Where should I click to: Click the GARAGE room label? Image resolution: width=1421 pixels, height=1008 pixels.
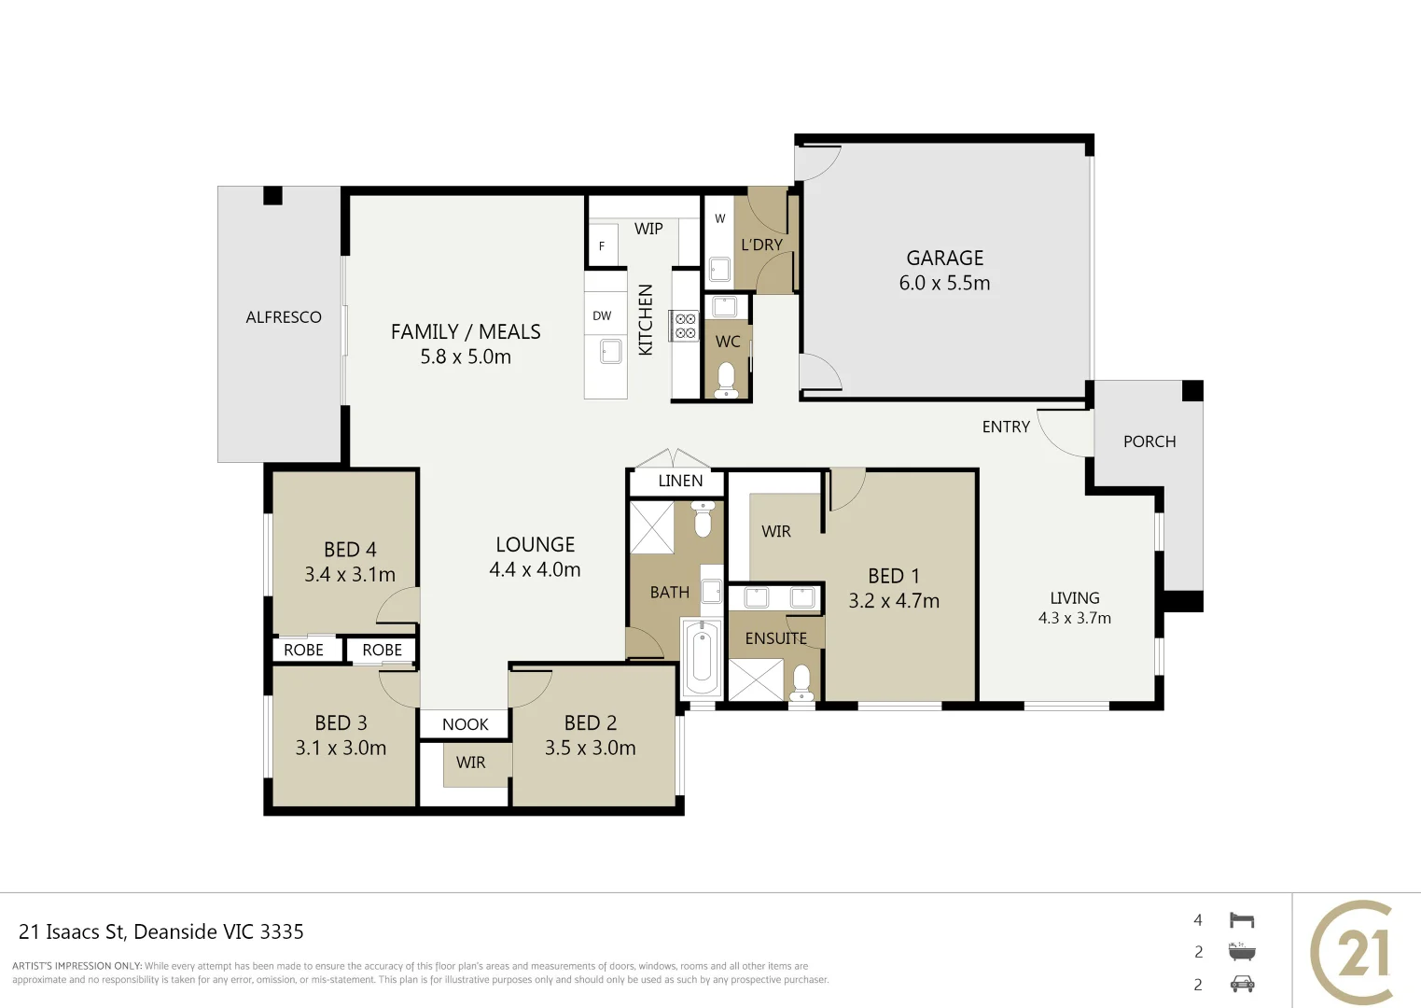pyautogui.click(x=944, y=259)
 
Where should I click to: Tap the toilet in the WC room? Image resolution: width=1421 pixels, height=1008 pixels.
pyautogui.click(x=726, y=380)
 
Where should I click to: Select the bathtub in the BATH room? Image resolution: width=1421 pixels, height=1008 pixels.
pyautogui.click(x=701, y=657)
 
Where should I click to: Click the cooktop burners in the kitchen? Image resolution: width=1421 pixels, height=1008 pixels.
pyautogui.click(x=686, y=326)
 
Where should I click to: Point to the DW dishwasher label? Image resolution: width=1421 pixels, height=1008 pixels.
pyautogui.click(x=602, y=316)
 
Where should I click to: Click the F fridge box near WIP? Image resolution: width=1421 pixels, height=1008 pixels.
pyautogui.click(x=603, y=245)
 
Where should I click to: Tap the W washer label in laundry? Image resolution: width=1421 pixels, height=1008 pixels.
pyautogui.click(x=719, y=219)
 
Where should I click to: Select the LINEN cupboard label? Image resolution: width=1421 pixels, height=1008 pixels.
pyautogui.click(x=680, y=481)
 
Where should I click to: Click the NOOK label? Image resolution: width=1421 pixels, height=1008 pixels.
pyautogui.click(x=465, y=724)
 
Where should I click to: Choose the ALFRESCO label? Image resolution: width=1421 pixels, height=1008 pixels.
pyautogui.click(x=284, y=317)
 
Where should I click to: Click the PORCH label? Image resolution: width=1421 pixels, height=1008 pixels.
pyautogui.click(x=1149, y=441)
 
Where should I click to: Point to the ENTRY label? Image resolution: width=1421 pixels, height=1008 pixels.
pyautogui.click(x=1006, y=427)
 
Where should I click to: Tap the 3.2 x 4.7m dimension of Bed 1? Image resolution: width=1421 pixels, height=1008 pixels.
pyautogui.click(x=893, y=601)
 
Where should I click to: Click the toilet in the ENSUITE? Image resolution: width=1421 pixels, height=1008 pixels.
pyautogui.click(x=801, y=681)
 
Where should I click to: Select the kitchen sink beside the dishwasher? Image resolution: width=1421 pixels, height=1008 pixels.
pyautogui.click(x=610, y=352)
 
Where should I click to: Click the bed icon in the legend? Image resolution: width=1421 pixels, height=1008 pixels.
pyautogui.click(x=1242, y=920)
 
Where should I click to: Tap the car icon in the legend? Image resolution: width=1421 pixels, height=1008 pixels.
pyautogui.click(x=1242, y=984)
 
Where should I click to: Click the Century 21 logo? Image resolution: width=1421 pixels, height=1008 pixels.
pyautogui.click(x=1356, y=952)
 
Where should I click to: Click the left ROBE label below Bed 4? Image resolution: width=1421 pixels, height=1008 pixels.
pyautogui.click(x=303, y=650)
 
